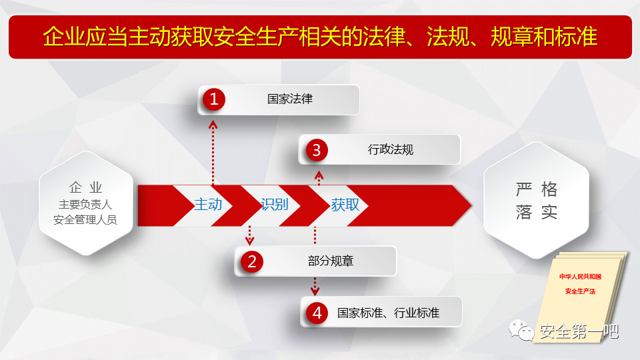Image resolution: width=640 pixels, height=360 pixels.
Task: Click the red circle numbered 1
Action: pos(214,99)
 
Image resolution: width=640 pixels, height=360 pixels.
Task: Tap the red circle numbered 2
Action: pos(252,261)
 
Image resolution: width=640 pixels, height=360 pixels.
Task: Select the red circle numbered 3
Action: pos(316,150)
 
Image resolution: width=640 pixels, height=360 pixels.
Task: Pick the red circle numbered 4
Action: pos(317,313)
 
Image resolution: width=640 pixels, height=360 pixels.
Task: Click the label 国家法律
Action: pos(290,99)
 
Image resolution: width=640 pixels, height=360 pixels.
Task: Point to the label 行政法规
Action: pos(391,149)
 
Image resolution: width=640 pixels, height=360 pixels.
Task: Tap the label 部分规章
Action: pos(331,261)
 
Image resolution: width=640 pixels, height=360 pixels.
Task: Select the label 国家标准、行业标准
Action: pos(388,313)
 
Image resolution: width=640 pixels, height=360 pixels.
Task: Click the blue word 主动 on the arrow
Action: pos(208,205)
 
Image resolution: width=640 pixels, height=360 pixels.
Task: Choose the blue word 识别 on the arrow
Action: pos(275,205)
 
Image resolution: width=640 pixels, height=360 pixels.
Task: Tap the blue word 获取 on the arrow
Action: pos(345,205)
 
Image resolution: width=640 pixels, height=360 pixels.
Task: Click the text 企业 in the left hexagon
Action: pos(86,187)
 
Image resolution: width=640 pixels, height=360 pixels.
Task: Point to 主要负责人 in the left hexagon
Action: pos(85,204)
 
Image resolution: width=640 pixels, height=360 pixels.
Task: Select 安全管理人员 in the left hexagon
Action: pos(85,219)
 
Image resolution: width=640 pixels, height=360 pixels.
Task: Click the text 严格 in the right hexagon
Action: pos(536,189)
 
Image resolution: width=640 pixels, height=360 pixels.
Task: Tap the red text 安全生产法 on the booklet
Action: pos(581,291)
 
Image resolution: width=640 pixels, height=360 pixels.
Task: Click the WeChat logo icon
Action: pos(521,330)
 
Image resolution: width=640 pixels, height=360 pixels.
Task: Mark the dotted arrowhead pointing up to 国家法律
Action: pos(213,124)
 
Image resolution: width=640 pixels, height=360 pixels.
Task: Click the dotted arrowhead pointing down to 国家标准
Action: pos(315,291)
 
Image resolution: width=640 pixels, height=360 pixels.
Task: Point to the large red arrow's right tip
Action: pos(472,205)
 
